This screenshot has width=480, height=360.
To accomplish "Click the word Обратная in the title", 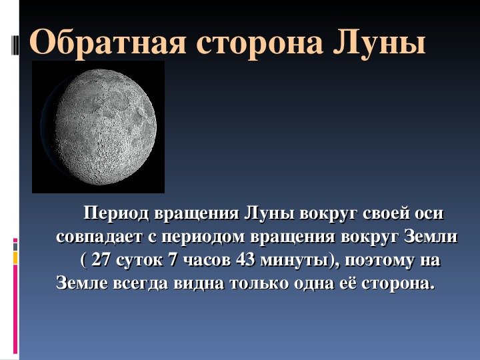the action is click(x=107, y=42).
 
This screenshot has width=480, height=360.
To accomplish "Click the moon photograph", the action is click(x=98, y=127).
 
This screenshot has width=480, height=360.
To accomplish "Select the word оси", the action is click(x=429, y=214).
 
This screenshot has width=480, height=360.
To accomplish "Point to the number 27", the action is click(x=101, y=260).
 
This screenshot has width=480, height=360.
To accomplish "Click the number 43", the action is click(x=245, y=260).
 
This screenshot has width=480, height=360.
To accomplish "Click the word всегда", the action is click(x=141, y=284).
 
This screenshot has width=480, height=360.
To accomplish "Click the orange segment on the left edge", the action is click(x=15, y=258).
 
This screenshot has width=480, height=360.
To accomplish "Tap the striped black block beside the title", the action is click(x=15, y=45).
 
